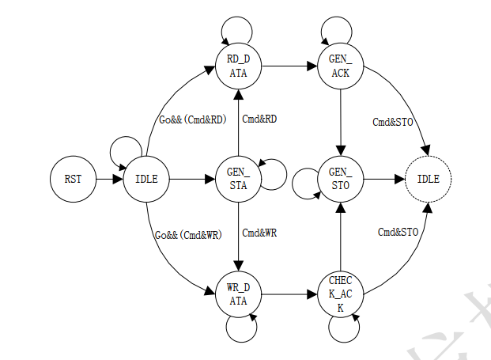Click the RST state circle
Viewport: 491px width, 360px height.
click(x=72, y=179)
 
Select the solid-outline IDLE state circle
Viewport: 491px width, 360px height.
click(x=147, y=179)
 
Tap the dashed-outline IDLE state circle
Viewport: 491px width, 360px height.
click(x=428, y=179)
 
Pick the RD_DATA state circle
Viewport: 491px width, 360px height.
click(x=238, y=65)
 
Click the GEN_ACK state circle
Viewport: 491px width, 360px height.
click(x=340, y=65)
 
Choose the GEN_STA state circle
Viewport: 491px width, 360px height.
click(x=238, y=179)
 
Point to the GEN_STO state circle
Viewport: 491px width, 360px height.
click(x=340, y=179)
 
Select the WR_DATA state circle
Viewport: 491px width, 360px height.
click(x=238, y=293)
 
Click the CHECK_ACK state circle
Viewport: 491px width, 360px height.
click(x=340, y=293)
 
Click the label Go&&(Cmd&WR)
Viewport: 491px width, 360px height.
click(x=188, y=234)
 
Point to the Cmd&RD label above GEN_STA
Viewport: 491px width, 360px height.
click(x=259, y=119)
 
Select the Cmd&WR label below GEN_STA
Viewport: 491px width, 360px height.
click(x=259, y=234)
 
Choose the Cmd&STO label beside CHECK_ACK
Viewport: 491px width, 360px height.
click(x=398, y=232)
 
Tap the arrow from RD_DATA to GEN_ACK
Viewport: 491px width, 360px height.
click(x=289, y=65)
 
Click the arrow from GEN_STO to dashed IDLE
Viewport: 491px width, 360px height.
click(x=383, y=179)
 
